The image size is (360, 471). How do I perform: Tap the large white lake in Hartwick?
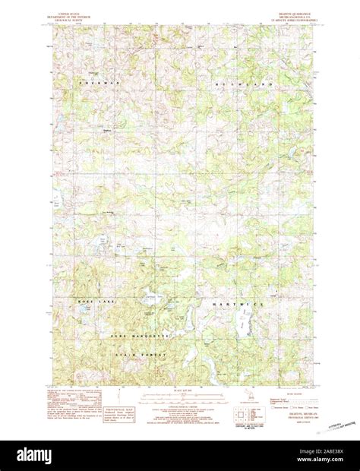(243, 327)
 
